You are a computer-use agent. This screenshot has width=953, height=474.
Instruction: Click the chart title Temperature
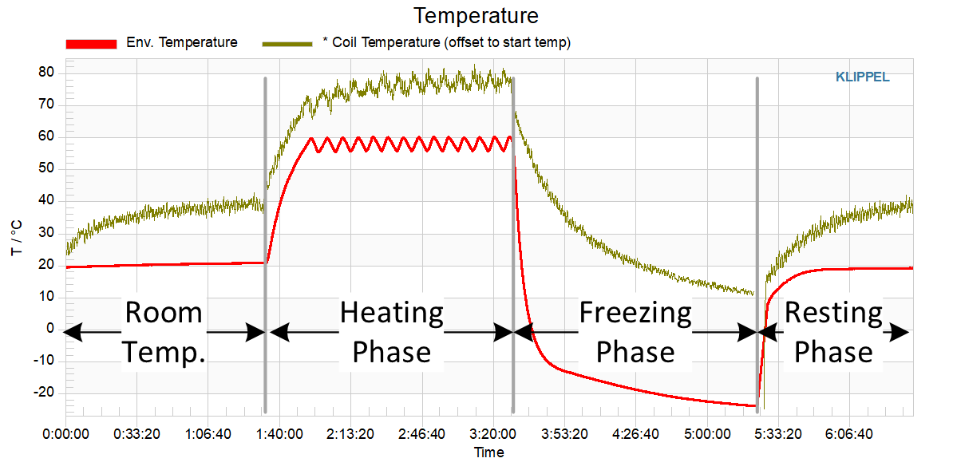point(476,15)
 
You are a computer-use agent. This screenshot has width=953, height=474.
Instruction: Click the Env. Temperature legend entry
point(181,43)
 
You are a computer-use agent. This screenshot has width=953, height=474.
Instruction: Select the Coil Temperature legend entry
point(443,43)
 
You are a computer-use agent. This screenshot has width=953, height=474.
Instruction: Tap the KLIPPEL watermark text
point(862,77)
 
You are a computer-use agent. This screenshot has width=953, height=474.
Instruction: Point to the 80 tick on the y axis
point(47,73)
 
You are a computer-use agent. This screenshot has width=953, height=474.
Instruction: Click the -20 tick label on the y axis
point(44,392)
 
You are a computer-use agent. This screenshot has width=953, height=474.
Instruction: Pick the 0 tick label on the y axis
point(49,328)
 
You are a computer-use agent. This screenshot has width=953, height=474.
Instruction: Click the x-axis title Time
point(488,452)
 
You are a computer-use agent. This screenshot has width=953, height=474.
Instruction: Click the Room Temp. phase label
point(164,332)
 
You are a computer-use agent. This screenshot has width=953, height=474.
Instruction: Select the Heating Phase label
point(392,332)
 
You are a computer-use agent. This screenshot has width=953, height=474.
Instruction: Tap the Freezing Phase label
point(635,332)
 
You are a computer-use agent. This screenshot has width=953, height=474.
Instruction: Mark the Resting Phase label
point(834,332)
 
